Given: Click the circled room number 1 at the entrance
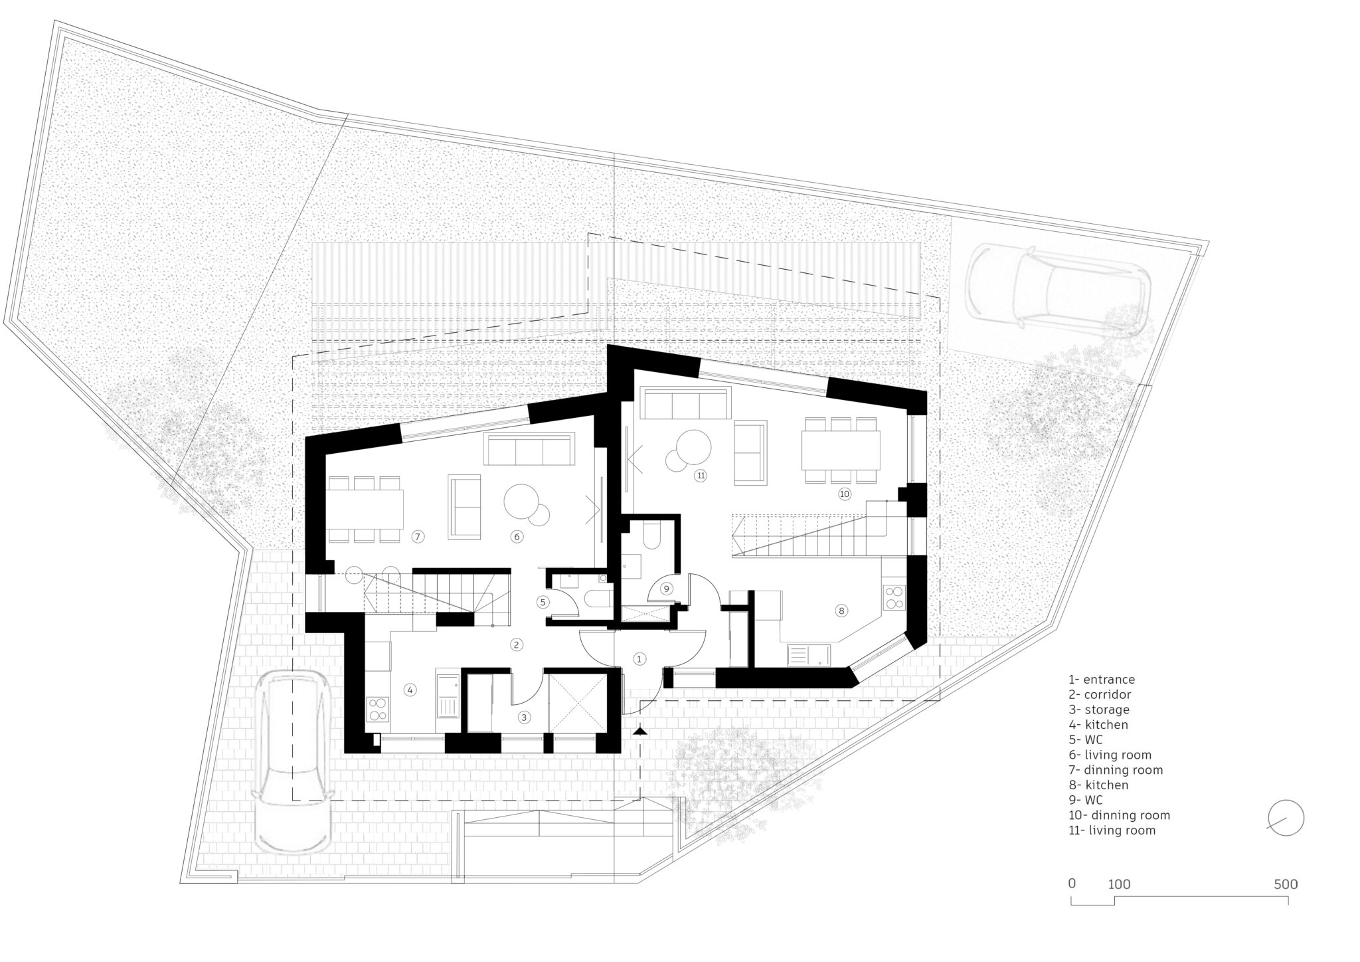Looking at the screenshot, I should (639, 659).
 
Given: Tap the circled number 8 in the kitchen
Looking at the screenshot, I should (841, 611).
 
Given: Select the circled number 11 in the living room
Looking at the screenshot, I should (700, 475).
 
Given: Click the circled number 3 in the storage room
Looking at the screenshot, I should (524, 718).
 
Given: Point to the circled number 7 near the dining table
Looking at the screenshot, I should (417, 536).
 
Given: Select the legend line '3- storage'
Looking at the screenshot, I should (1098, 710).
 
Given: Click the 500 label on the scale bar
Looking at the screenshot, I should (1286, 884).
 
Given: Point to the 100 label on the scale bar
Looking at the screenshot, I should (1119, 884).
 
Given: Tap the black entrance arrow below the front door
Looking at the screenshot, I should (639, 731).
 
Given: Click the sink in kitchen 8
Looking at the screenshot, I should (809, 655).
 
